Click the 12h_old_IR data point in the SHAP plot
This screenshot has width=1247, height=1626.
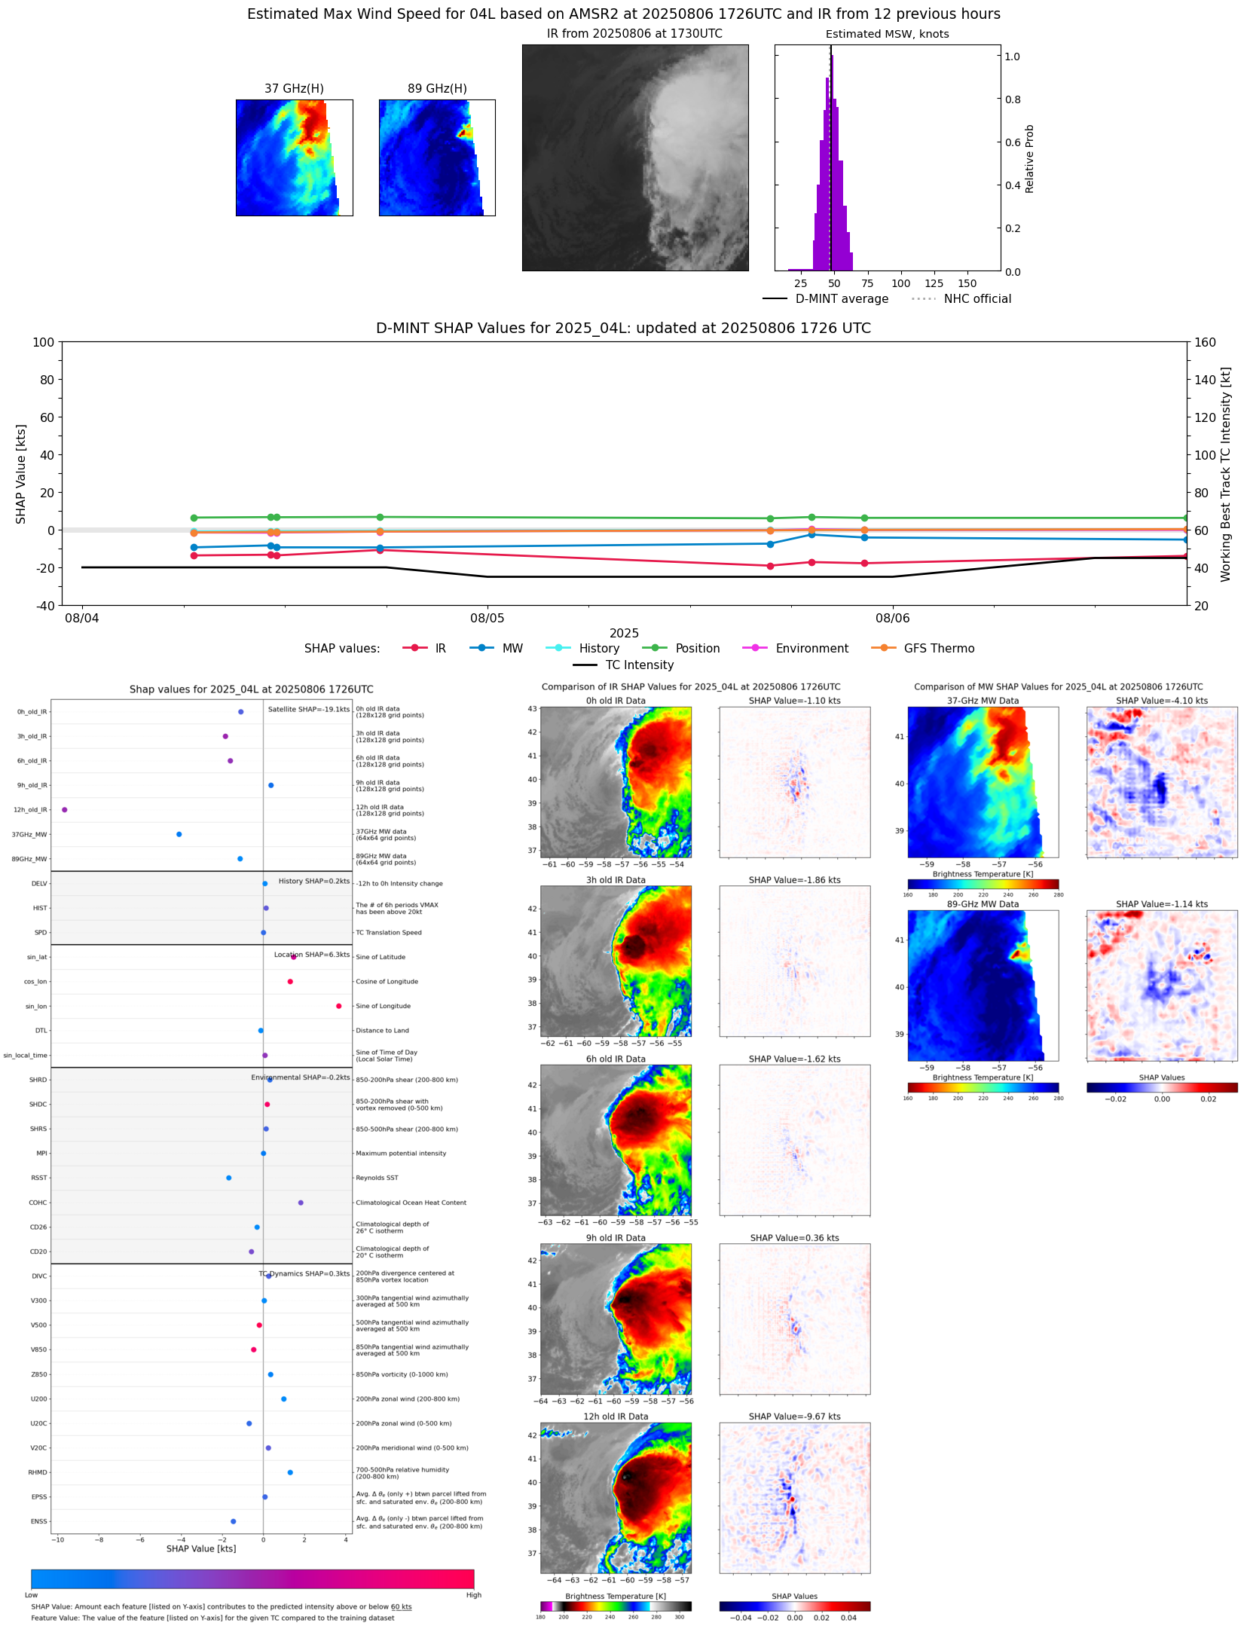[65, 809]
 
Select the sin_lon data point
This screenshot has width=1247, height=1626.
[339, 1006]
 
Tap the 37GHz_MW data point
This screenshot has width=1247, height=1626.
[179, 834]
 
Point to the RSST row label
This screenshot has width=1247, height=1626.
[39, 1178]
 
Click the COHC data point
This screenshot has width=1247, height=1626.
[301, 1203]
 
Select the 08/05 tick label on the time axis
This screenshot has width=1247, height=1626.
[487, 618]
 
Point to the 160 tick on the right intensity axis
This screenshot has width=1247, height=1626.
[1205, 342]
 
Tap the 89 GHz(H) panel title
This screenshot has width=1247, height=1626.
[437, 89]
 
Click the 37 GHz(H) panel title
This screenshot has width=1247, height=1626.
[294, 89]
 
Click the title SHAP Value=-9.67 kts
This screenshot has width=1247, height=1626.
[794, 1417]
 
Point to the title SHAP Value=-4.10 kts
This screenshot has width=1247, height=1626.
[1161, 701]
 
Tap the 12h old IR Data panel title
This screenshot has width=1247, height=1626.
[616, 1417]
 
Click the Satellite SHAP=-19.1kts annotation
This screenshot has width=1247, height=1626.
[309, 709]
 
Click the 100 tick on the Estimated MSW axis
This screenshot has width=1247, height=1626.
[900, 283]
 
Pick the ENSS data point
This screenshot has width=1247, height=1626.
[234, 1521]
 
